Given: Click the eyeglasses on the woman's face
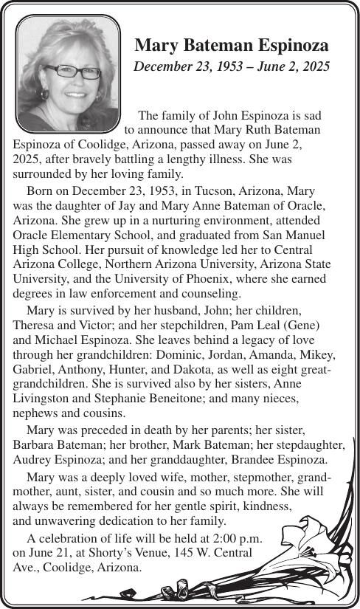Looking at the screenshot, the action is (x=72, y=72).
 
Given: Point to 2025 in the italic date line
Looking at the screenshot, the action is (x=314, y=67).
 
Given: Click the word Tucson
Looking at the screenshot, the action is (x=180, y=190).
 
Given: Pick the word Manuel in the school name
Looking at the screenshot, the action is (x=319, y=234).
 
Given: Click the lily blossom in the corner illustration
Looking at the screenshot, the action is (x=309, y=539).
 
